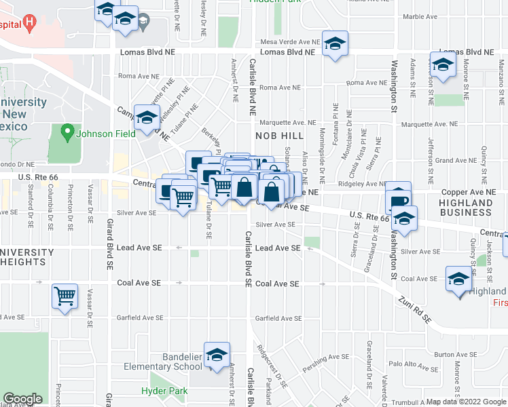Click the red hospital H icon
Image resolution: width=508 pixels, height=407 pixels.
click(29, 24)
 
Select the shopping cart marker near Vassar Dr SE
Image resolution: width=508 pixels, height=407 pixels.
click(65, 296)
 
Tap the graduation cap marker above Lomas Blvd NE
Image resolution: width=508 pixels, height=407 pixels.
click(334, 45)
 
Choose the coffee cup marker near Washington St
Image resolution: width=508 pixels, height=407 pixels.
click(399, 201)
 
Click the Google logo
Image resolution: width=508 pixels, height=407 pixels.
click(22, 399)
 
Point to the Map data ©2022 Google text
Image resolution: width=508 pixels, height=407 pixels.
click(466, 402)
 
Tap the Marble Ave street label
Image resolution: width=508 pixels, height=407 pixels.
click(420, 16)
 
